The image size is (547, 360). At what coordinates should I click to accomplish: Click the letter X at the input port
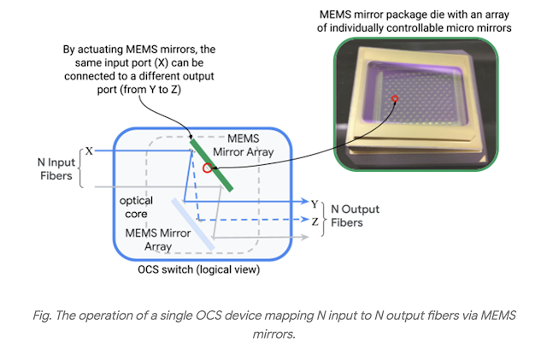tap(88, 151)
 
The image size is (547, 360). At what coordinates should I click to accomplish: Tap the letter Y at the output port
tap(315, 204)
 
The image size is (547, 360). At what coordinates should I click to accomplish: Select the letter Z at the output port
tap(315, 221)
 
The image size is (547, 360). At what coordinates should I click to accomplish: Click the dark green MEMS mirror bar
tap(210, 162)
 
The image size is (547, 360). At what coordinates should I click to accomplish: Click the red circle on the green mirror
tap(207, 168)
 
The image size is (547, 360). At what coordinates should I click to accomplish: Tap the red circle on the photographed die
tap(395, 101)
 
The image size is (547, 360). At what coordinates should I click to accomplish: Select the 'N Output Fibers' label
tap(355, 215)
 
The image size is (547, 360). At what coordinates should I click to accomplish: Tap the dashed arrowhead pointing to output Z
tap(304, 220)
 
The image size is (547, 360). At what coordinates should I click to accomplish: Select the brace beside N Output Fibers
tap(326, 215)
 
